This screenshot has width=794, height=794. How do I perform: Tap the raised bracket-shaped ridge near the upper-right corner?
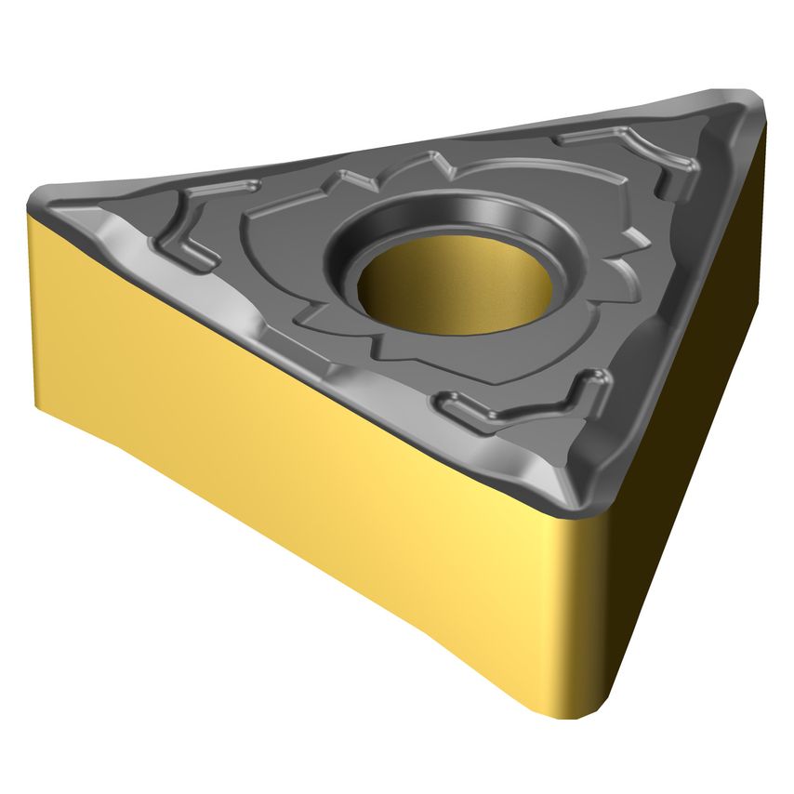coord(651,157)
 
